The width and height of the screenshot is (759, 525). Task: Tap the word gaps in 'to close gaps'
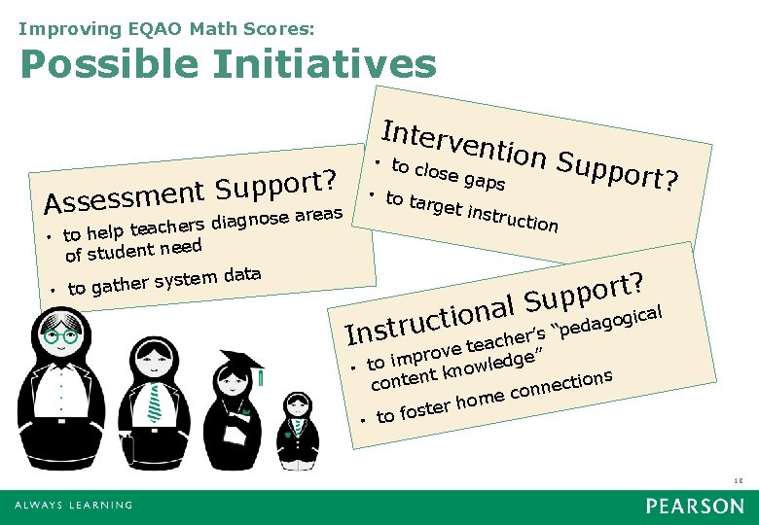[484, 181]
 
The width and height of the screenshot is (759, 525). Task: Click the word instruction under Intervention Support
[513, 219]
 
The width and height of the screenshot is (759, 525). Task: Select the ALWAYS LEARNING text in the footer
[73, 506]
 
